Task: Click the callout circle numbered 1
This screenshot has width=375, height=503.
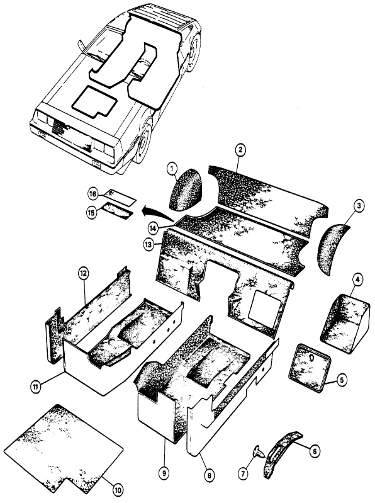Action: tap(172, 168)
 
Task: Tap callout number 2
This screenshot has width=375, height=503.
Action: tap(240, 149)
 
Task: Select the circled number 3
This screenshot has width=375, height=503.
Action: tap(359, 205)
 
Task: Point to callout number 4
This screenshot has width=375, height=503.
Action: tap(357, 280)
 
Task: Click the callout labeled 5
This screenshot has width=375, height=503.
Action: tap(342, 380)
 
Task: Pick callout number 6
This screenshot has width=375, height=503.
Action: tap(314, 451)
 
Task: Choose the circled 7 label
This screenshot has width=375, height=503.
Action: tap(243, 473)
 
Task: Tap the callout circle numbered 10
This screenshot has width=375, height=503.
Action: tap(118, 490)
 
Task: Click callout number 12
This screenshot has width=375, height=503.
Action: tap(84, 274)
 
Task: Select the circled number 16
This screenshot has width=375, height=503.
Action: tap(92, 195)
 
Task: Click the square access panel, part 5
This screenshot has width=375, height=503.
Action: tap(310, 367)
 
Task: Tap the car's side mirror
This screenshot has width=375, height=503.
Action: tap(81, 46)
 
